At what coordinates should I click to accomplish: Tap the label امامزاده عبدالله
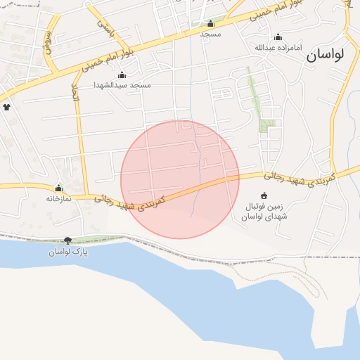[x=278, y=48]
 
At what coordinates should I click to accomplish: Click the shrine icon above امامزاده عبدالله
[x=278, y=37]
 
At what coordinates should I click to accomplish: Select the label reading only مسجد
[x=210, y=34]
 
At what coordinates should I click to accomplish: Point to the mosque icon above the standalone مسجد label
[x=210, y=23]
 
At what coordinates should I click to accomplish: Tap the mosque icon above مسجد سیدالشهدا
[x=122, y=75]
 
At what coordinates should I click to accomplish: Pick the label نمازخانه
[x=59, y=199]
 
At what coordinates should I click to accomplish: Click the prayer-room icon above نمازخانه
[x=58, y=188]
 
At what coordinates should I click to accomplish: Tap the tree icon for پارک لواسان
[x=67, y=241]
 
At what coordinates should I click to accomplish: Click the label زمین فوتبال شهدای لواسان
[x=264, y=212]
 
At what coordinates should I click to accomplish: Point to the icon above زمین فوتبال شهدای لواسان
[x=264, y=195]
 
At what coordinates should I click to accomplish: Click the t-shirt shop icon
[x=7, y=108]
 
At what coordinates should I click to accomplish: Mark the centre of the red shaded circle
[x=180, y=179]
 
